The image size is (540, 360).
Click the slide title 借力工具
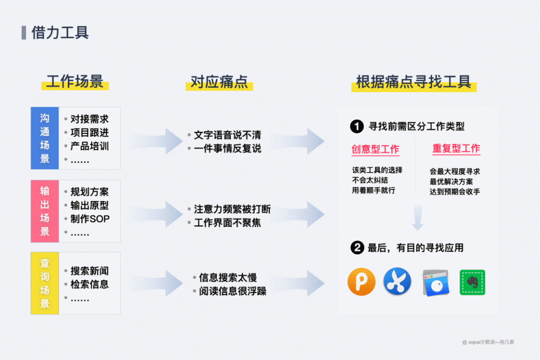coord(60,32)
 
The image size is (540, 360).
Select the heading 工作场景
coord(74,81)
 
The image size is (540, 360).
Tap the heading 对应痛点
coord(219,81)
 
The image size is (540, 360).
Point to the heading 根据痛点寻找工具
coord(413,81)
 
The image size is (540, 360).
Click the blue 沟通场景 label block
coord(45,138)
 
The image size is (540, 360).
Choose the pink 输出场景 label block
coord(45,211)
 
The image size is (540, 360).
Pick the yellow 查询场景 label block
coord(45,283)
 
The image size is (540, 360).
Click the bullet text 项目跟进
coord(89,132)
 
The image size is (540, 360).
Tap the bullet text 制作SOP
coord(90,219)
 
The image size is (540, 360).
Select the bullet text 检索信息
coord(89,284)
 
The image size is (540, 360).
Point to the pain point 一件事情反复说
coord(227,148)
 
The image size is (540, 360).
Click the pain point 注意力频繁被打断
coord(232,209)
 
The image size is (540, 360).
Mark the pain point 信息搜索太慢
coord(228,277)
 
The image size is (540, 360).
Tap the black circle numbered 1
coord(356,126)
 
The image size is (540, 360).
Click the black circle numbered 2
coord(356,247)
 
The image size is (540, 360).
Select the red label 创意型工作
coord(375,149)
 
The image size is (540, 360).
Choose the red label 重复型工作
coord(456,148)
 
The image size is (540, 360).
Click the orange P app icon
coord(361,282)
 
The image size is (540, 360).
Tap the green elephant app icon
coord(472,282)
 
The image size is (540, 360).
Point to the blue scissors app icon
coord(397,282)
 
